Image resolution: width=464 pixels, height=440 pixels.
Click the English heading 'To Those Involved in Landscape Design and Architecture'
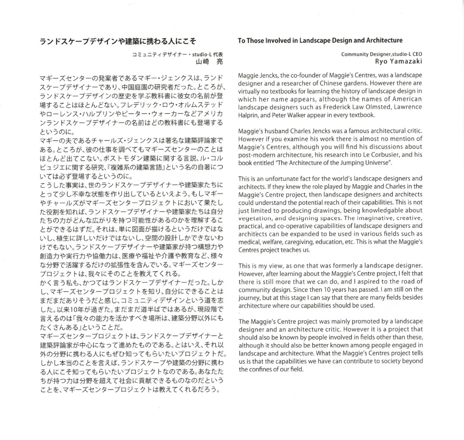click(320, 41)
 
